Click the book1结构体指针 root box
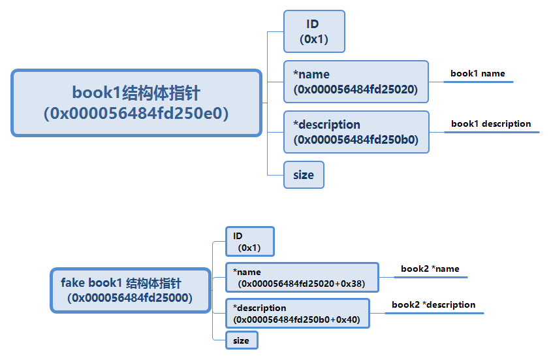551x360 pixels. click(x=136, y=103)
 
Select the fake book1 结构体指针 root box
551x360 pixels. click(x=131, y=290)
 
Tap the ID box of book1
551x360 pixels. click(x=314, y=31)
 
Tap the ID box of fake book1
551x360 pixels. click(x=249, y=241)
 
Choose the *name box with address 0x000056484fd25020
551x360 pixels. click(x=356, y=82)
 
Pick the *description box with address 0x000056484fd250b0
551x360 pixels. click(x=356, y=132)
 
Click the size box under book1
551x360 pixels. click(x=304, y=174)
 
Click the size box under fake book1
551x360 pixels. click(x=242, y=340)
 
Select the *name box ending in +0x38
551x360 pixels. click(x=302, y=278)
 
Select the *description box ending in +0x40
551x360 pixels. click(x=297, y=314)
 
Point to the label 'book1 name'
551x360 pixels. click(x=478, y=74)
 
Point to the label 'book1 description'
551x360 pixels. click(x=491, y=123)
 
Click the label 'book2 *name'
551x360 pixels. click(x=430, y=269)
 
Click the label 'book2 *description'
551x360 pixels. click(x=433, y=304)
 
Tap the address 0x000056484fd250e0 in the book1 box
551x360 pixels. click(x=136, y=114)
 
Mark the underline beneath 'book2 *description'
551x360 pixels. click(x=434, y=314)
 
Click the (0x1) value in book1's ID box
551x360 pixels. click(x=314, y=39)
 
